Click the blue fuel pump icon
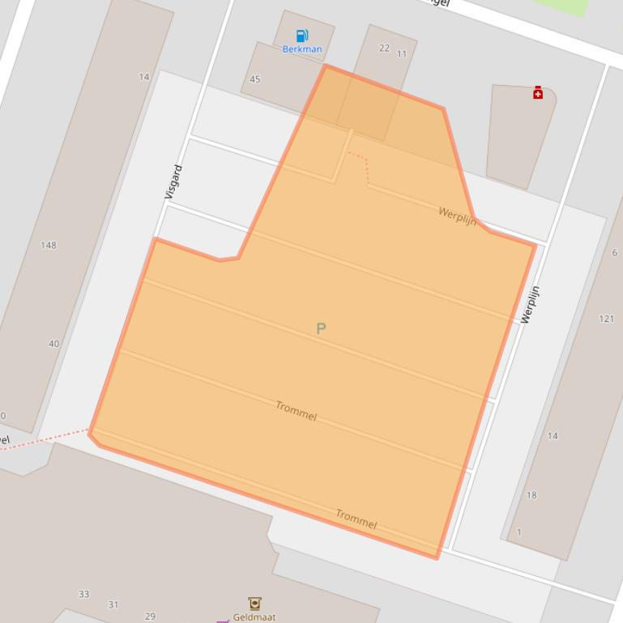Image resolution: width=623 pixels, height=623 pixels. coord(302,36)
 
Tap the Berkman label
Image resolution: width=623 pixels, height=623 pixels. coord(302,49)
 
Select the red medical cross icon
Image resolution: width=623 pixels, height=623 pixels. coord(538,93)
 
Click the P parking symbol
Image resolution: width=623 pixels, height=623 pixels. coord(321,328)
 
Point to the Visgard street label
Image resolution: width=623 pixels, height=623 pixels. coord(173,182)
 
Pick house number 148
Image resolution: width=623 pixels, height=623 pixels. coord(49,245)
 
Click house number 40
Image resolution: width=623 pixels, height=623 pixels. coord(53,344)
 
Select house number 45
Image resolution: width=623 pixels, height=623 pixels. coord(255,79)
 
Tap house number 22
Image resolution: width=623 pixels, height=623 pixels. coord(384,48)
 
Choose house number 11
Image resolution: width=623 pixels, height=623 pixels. coord(402,54)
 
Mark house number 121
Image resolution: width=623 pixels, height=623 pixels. coord(606,319)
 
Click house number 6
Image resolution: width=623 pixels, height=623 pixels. coord(615,253)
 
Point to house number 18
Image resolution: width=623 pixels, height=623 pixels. coord(531,495)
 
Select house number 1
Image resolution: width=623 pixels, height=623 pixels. coord(519,532)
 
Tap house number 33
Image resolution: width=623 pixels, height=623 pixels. coord(83,594)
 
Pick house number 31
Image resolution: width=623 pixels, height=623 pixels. coord(113,604)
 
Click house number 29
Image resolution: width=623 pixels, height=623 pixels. coord(150,616)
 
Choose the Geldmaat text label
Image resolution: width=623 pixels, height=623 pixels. coord(254,617)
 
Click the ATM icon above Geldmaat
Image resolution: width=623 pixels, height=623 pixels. coord(254,603)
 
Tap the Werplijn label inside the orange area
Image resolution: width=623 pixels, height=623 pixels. coord(457,216)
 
